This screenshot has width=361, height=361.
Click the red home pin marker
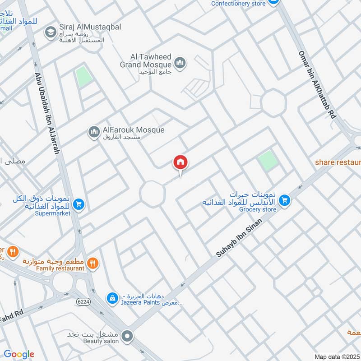180,162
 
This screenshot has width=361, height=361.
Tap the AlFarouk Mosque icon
94,132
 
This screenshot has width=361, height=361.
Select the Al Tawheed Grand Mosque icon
180,63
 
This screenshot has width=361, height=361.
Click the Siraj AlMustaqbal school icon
50,32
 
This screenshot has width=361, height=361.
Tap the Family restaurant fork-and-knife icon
93,263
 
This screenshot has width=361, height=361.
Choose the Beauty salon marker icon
128,336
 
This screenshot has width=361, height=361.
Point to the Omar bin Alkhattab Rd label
317,84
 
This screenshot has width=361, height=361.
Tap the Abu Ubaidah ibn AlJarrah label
47,114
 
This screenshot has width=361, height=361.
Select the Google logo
19,354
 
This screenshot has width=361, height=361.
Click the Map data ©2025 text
337,356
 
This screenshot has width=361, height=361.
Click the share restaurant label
338,162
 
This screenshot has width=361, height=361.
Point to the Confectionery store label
238,4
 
